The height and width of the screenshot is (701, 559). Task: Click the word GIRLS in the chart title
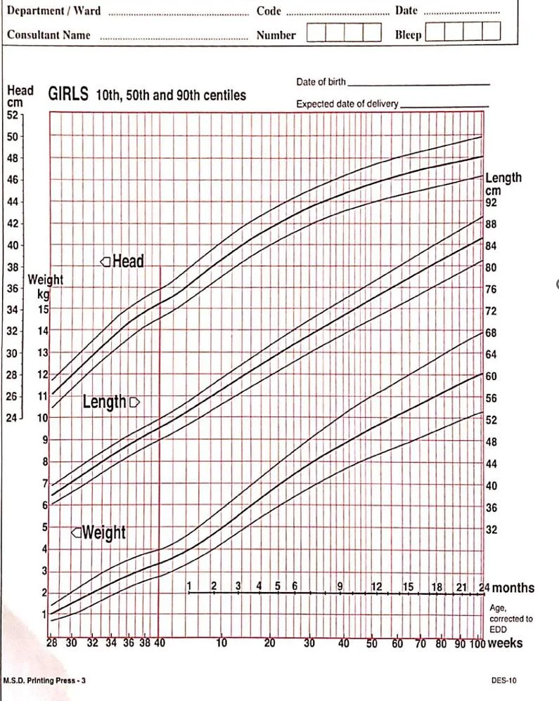[68, 94]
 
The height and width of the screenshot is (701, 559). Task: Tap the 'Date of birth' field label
[321, 82]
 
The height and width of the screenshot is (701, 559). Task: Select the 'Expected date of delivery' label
[347, 104]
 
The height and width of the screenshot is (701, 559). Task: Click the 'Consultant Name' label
[49, 34]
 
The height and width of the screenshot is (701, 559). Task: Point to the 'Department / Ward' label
[53, 11]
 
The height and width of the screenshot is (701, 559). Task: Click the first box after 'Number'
[316, 33]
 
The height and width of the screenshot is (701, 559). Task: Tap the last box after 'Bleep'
[491, 32]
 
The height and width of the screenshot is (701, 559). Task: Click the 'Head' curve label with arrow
[122, 262]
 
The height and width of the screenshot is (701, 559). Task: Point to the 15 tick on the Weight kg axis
[43, 309]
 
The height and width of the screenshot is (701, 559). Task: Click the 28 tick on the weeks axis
[51, 643]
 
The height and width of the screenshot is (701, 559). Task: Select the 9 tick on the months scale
[340, 587]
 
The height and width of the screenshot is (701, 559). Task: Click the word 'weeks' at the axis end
[505, 643]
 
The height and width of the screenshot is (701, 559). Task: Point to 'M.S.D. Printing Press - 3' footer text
[44, 681]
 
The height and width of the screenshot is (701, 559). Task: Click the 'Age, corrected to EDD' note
[510, 619]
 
